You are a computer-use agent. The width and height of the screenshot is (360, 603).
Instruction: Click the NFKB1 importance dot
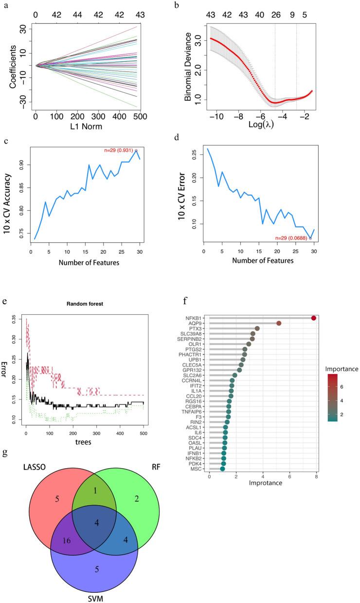coord(314,318)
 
